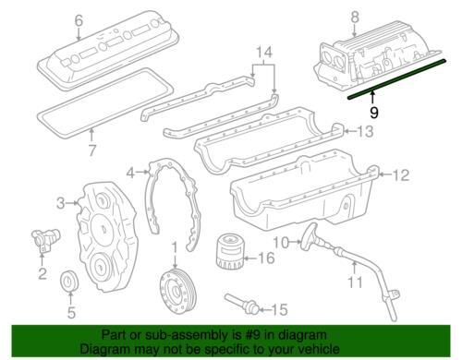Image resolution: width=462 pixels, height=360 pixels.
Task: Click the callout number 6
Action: (x=79, y=21)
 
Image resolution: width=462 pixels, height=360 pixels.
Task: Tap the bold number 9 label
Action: (x=373, y=113)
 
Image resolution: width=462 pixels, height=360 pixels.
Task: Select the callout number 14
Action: (x=264, y=53)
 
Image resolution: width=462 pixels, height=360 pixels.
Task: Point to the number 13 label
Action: (x=365, y=131)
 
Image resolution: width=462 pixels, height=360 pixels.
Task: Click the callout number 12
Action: (x=401, y=175)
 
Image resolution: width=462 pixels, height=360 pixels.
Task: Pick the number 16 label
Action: (x=266, y=258)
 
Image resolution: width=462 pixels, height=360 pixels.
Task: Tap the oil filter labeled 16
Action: (x=229, y=251)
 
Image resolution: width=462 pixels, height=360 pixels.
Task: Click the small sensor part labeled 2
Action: (x=45, y=239)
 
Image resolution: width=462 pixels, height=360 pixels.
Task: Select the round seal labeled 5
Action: (x=69, y=281)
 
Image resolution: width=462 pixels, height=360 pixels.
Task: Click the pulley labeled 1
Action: (x=175, y=291)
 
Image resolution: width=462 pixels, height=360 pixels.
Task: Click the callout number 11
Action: (x=355, y=282)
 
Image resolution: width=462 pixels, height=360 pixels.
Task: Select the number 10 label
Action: (x=282, y=243)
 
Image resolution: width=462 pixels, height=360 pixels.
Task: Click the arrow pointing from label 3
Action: (x=72, y=203)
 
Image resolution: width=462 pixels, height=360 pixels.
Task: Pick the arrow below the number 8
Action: (x=355, y=31)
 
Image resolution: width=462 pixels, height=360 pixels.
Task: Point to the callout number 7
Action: (x=92, y=150)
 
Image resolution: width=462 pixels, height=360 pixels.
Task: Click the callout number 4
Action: (x=130, y=173)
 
